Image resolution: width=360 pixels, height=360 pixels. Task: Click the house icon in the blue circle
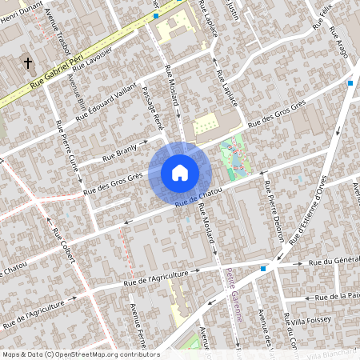(x=179, y=172)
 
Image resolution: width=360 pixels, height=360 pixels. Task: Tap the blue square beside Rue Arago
(x=350, y=82)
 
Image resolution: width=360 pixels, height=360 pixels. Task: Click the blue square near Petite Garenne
(x=262, y=269)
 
